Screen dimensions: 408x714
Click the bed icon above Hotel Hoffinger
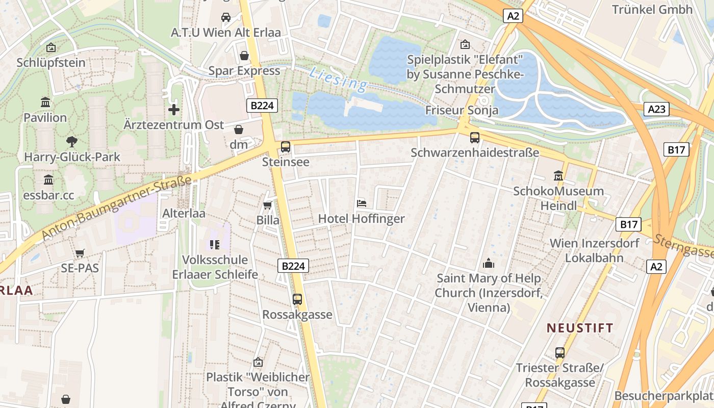point(362,203)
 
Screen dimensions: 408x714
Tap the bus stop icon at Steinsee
point(286,147)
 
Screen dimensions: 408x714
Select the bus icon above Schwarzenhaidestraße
point(475,137)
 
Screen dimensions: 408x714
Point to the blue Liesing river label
point(338,79)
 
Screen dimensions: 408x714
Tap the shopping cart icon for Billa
point(267,205)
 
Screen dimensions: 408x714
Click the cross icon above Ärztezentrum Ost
point(174,109)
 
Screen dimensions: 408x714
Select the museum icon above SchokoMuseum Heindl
point(558,176)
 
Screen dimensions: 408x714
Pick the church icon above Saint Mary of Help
point(489,263)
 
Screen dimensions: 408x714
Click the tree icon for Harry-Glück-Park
point(72,142)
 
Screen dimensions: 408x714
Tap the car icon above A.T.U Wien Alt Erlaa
point(225,17)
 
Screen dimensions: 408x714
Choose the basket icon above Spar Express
point(244,55)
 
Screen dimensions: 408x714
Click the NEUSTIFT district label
point(580,328)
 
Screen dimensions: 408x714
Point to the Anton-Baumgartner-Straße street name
point(117,208)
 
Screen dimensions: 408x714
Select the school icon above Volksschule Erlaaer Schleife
point(214,245)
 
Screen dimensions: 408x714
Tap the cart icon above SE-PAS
point(80,253)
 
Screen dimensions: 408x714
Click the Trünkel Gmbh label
point(652,9)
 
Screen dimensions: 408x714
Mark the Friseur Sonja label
point(462,110)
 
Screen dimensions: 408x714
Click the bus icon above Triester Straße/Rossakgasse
point(559,352)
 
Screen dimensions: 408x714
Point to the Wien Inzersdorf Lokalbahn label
point(594,250)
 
